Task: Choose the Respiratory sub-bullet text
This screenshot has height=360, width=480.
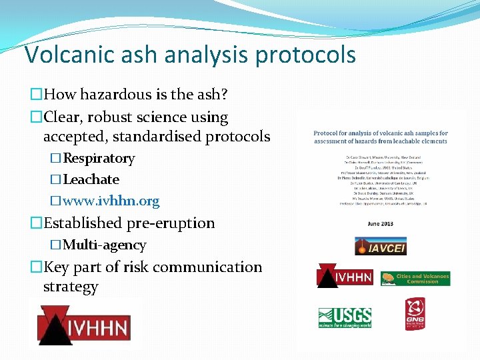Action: [99, 159]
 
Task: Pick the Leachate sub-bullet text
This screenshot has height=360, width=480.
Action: [91, 179]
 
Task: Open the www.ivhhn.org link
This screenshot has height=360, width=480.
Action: [111, 200]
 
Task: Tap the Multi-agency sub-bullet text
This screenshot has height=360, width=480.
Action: [104, 245]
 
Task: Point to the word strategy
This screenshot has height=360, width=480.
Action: [71, 287]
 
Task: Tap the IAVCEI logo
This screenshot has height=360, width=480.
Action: [380, 246]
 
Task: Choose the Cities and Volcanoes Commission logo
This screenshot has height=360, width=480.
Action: [415, 278]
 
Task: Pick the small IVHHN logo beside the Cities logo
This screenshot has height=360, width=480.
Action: [344, 276]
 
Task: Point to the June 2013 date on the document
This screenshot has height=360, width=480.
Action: [381, 223]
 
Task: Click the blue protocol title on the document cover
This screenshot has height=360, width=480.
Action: [381, 137]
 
